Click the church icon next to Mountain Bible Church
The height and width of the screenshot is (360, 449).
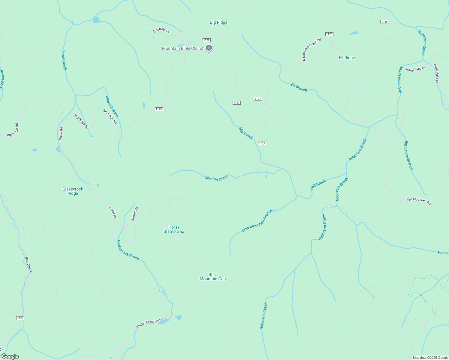209,48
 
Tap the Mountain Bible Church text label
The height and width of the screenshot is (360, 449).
183,48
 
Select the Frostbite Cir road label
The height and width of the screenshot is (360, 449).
161,31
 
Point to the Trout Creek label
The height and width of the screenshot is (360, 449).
64,60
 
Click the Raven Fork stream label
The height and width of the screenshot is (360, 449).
2,79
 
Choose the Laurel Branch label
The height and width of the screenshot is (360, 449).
112,106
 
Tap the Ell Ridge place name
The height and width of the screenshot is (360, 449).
347,58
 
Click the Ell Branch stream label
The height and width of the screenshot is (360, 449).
299,87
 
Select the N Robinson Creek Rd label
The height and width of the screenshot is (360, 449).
312,49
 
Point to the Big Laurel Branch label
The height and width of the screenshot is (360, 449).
408,155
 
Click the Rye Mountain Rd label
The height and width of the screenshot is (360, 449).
418,201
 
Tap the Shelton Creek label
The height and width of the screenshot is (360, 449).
216,178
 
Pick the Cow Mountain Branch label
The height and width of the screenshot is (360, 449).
257,221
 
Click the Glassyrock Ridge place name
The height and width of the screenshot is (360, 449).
73,191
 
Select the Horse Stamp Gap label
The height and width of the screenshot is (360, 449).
174,229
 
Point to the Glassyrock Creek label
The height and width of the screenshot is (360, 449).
128,250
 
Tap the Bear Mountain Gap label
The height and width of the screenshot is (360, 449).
212,277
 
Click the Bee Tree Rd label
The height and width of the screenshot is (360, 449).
29,265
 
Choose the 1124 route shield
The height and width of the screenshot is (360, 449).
20,318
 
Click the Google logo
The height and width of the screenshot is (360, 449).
10,356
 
